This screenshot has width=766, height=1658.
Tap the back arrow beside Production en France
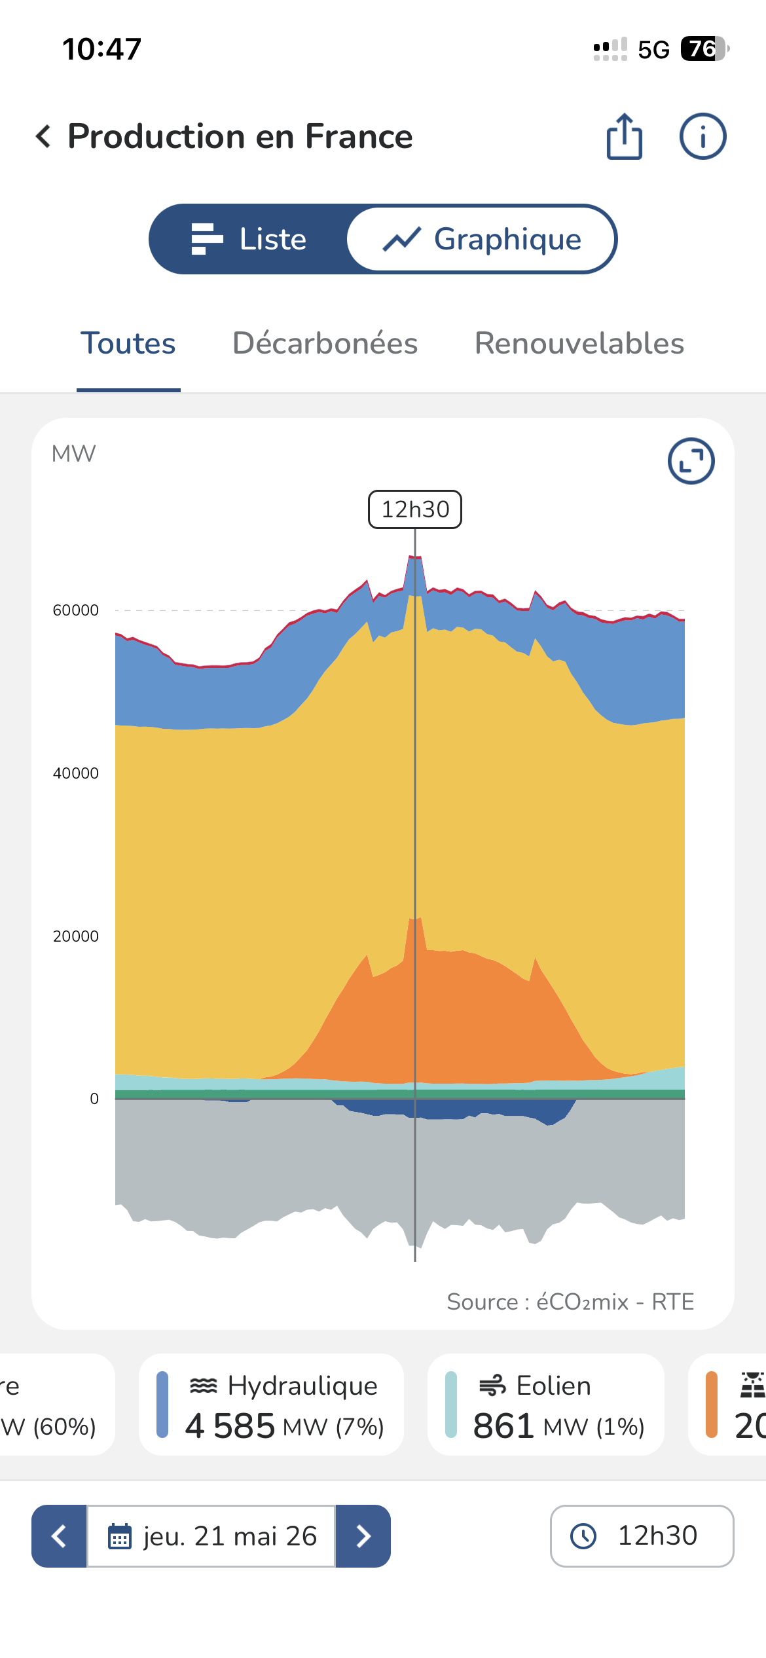pyautogui.click(x=43, y=136)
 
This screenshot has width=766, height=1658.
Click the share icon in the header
pyautogui.click(x=624, y=136)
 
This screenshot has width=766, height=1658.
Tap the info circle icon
pyautogui.click(x=702, y=136)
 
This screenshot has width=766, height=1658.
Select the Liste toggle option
pyautogui.click(x=249, y=239)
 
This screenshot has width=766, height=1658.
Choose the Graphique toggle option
pyautogui.click(x=482, y=239)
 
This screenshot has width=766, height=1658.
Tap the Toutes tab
pyautogui.click(x=128, y=343)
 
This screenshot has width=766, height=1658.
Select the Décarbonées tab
pyautogui.click(x=325, y=343)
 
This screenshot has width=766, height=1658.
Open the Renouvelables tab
pyautogui.click(x=579, y=343)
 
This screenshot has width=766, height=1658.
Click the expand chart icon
pyautogui.click(x=691, y=461)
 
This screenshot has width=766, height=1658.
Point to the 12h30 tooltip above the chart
pyautogui.click(x=415, y=509)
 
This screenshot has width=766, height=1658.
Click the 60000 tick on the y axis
pyautogui.click(x=76, y=610)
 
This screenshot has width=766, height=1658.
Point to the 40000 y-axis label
pyautogui.click(x=76, y=773)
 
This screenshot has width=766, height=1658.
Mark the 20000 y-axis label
pyautogui.click(x=76, y=936)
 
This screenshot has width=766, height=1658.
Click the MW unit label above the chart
pyautogui.click(x=73, y=454)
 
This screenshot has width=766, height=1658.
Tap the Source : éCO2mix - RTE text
pyautogui.click(x=570, y=1302)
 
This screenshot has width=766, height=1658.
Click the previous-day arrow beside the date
pyautogui.click(x=59, y=1536)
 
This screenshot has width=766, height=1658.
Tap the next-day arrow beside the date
pyautogui.click(x=363, y=1536)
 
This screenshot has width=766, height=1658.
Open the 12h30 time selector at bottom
pyautogui.click(x=642, y=1536)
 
